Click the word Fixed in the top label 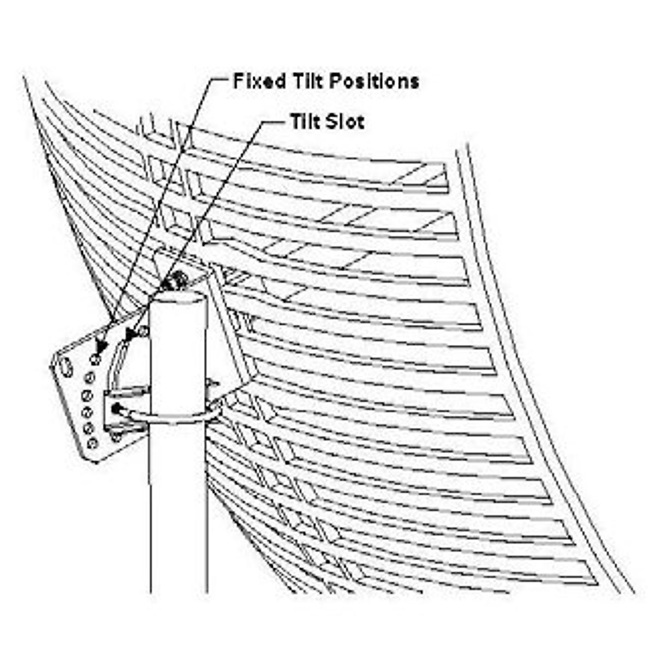(x=259, y=81)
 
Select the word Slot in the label (x=344, y=121)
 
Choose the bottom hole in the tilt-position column (x=92, y=443)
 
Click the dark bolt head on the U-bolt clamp (x=116, y=408)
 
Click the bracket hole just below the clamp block (x=116, y=437)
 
